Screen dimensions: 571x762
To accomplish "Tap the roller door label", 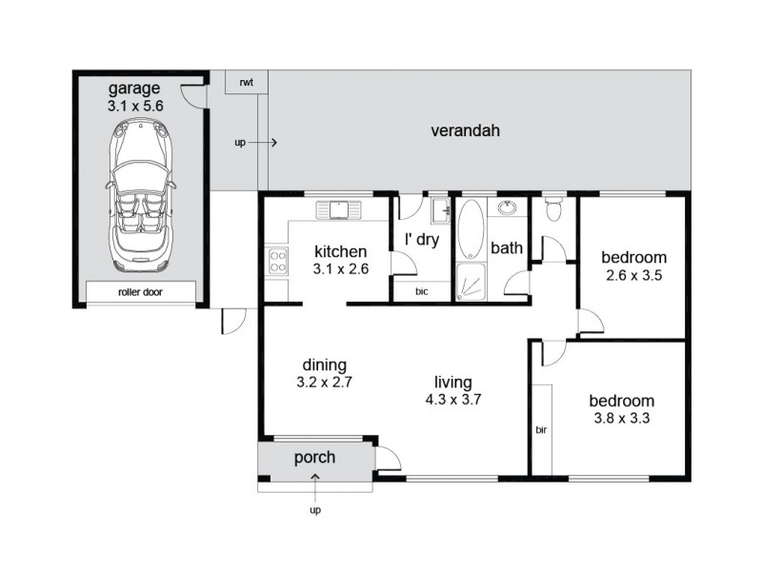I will click(x=140, y=293).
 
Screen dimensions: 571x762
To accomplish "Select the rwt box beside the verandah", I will click(x=247, y=82).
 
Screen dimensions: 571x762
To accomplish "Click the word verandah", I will click(x=465, y=130).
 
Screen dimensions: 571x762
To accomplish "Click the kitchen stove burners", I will click(x=277, y=261).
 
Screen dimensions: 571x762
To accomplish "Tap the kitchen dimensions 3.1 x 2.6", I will click(x=341, y=269).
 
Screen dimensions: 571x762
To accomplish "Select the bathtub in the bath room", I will click(x=471, y=230).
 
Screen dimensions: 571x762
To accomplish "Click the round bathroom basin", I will click(x=506, y=207).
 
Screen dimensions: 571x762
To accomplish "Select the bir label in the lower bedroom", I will click(x=541, y=429).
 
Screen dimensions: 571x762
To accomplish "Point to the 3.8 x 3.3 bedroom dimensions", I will click(x=621, y=417).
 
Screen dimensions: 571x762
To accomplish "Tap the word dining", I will click(x=324, y=364).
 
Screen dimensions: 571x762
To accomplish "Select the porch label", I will click(x=314, y=458).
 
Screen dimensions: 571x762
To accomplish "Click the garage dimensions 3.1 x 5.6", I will click(x=136, y=107).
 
